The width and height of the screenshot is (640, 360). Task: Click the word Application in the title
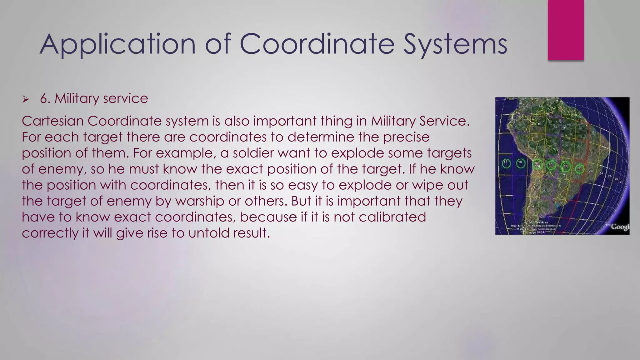click(117, 44)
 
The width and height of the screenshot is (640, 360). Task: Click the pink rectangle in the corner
click(566, 30)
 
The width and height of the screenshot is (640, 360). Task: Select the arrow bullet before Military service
click(26, 100)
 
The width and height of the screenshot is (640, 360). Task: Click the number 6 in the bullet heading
click(45, 99)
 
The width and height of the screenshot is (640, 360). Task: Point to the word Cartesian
click(53, 121)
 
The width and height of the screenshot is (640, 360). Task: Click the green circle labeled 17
click(506, 163)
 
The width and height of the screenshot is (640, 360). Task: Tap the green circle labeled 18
click(520, 163)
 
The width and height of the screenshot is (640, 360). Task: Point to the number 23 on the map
click(591, 171)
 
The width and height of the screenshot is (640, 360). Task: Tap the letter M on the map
click(539, 124)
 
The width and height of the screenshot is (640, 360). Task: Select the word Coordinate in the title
click(317, 44)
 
